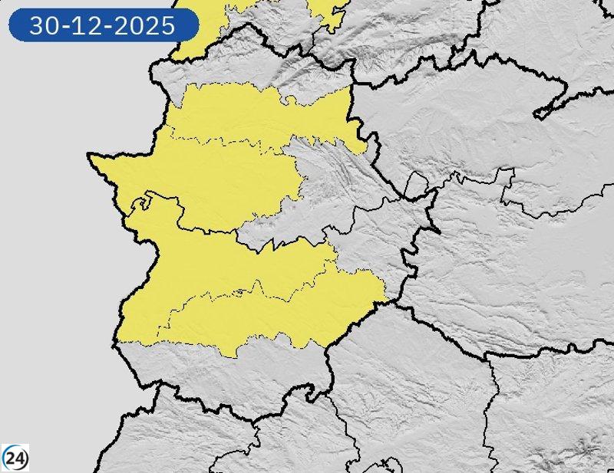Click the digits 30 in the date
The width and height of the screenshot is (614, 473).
coord(43,26)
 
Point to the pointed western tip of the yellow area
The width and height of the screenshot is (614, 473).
coord(90,156)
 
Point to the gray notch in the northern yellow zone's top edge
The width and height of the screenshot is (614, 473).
coord(290,100)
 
